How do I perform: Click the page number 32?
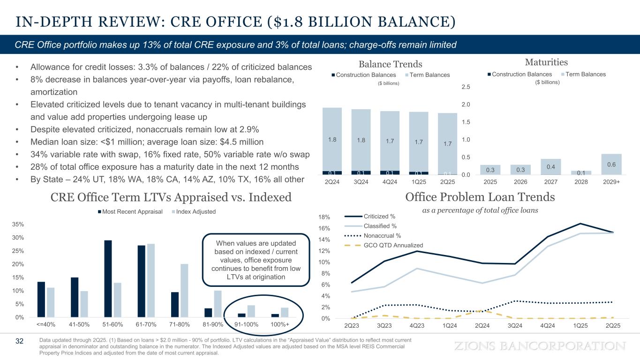coord(19,341)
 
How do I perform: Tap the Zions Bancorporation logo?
coord(541,346)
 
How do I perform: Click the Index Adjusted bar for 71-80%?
coord(184,291)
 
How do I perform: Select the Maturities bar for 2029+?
coord(611,164)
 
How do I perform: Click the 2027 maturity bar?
coord(550,167)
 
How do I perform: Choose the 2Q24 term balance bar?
coord(332,139)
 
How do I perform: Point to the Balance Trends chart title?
coord(391,64)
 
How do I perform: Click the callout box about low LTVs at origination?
coord(256,260)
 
